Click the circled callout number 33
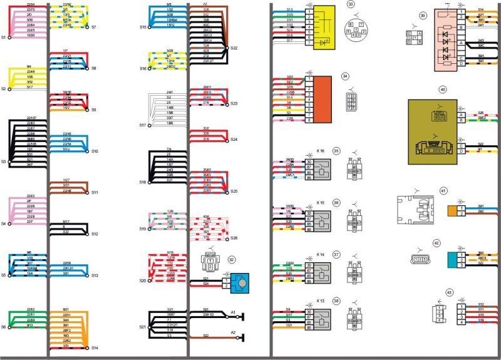coord(351,4)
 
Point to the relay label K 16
coord(321,151)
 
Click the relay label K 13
coord(321,301)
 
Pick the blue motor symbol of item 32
coord(240,283)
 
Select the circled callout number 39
coord(423,14)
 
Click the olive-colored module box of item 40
coord(442,131)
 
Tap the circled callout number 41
coord(443,190)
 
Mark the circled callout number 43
coord(449,292)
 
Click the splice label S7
coord(93,28)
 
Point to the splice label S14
coord(95,347)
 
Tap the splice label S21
coord(142,327)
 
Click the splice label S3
coord(4,162)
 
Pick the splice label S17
coord(142,125)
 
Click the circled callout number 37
coord(353,255)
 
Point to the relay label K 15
coord(321,203)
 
